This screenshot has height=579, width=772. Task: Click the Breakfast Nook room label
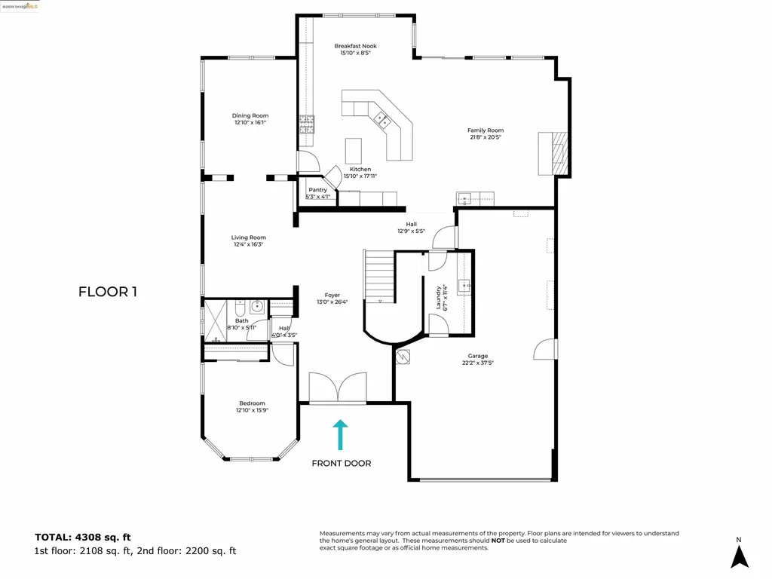pyautogui.click(x=355, y=46)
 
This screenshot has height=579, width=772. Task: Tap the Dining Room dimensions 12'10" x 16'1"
pyautogui.click(x=250, y=122)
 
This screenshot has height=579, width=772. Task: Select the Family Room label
pyautogui.click(x=485, y=130)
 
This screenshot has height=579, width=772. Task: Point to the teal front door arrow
pyautogui.click(x=341, y=435)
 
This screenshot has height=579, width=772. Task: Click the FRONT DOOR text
pyautogui.click(x=341, y=463)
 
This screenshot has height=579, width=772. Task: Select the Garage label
pyautogui.click(x=477, y=356)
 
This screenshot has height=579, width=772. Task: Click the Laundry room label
pyautogui.click(x=438, y=297)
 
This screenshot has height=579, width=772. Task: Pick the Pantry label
pyautogui.click(x=317, y=190)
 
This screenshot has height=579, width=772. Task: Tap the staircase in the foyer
pyautogui.click(x=379, y=277)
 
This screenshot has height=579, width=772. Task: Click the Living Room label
pyautogui.click(x=248, y=237)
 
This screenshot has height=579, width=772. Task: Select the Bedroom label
pyautogui.click(x=252, y=403)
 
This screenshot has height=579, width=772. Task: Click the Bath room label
pyautogui.click(x=241, y=320)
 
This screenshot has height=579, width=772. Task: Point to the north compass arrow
pyautogui.click(x=740, y=556)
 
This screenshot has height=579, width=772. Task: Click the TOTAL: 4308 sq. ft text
pyautogui.click(x=83, y=537)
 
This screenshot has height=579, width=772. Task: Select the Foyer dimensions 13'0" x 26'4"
pyautogui.click(x=332, y=302)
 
